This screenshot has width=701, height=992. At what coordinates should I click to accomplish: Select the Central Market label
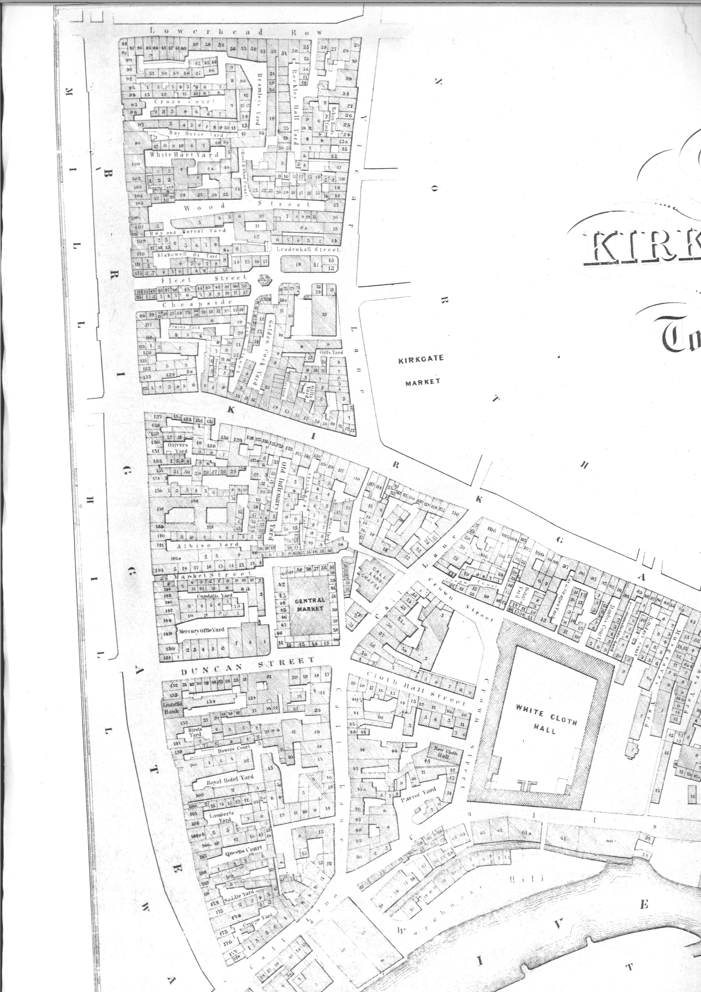point(309,604)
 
